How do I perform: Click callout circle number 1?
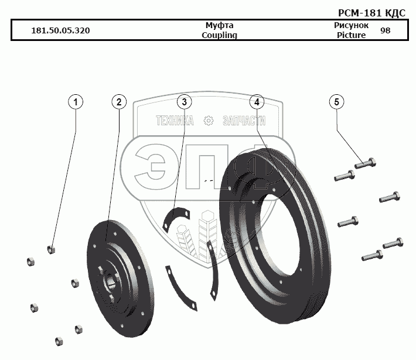point(75,102)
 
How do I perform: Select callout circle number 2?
point(119,102)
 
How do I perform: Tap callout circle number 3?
point(184,102)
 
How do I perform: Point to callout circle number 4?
point(256,102)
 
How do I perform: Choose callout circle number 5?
point(336,102)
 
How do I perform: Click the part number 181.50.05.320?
point(60,30)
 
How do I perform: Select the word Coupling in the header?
point(219,35)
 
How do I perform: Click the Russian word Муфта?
point(219,26)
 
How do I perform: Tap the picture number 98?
point(385,30)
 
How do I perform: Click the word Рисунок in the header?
point(351,26)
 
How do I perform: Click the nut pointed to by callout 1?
point(52,249)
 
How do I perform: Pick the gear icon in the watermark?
point(207,121)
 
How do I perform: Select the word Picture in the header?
point(351,35)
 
